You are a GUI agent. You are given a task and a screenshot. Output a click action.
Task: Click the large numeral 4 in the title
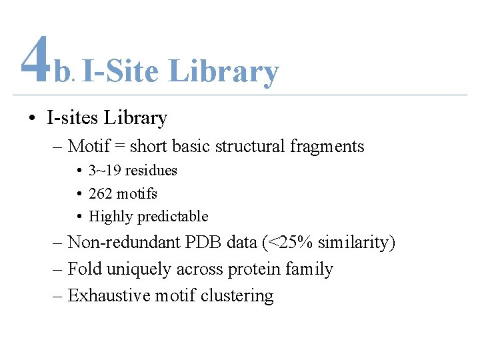coord(35,59)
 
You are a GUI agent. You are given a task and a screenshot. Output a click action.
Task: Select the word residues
coord(151,170)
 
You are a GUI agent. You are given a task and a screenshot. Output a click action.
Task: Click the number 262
coord(101,193)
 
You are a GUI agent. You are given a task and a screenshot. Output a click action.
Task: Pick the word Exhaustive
coord(110,295)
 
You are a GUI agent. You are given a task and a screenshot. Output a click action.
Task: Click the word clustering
coord(241,296)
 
